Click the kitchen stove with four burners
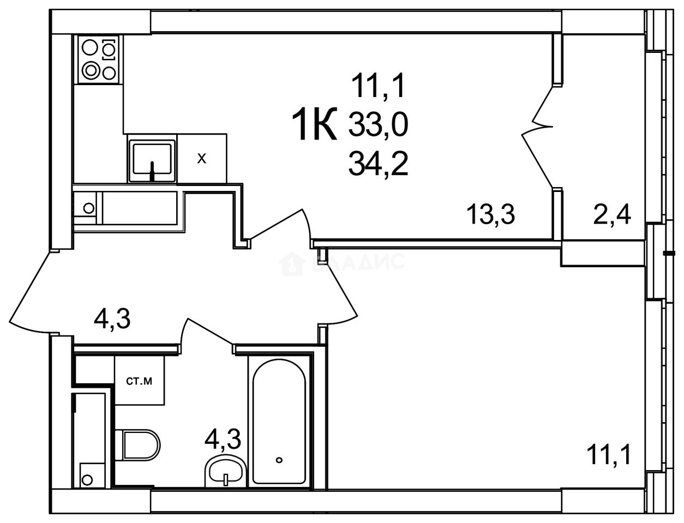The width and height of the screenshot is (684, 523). coord(98,59)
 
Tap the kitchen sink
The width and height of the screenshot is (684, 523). coord(152,160)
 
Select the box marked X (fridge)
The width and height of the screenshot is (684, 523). coord(202,159)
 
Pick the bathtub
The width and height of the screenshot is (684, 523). coord(279,420)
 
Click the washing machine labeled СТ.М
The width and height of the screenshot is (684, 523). coord(139,381)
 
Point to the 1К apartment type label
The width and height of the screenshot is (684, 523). coord(315,125)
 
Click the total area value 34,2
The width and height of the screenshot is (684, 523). coord(379,163)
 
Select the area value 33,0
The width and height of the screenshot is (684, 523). coord(379,127)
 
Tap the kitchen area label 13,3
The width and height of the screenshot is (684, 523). coord(491,215)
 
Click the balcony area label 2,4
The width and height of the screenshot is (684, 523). coord(612,215)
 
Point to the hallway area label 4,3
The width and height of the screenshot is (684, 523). coord(112,319)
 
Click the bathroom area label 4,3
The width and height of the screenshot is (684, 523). coord(223,439)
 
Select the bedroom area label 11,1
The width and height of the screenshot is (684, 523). coord(609,454)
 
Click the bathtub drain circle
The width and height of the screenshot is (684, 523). coord(279,460)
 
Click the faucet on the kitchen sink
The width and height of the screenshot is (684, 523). coord(153,170)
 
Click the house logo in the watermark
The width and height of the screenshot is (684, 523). coord(290,264)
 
